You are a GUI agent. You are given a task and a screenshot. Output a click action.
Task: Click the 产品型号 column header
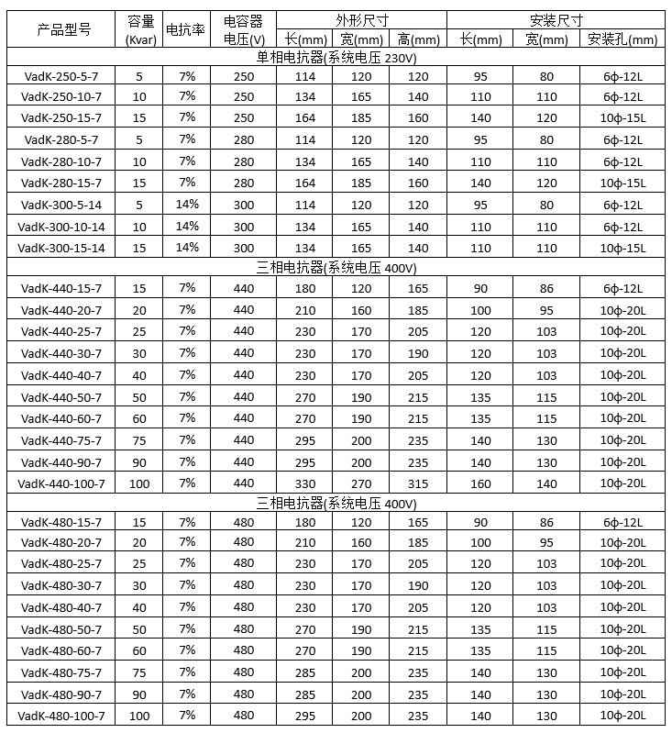(61, 29)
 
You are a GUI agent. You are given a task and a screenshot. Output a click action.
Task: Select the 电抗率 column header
(187, 29)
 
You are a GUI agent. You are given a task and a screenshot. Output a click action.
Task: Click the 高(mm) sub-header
(418, 39)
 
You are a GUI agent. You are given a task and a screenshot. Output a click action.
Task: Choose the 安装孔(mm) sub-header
(626, 39)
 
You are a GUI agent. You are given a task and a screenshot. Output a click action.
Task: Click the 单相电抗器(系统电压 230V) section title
(336, 57)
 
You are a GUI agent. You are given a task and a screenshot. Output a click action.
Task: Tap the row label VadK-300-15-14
(61, 248)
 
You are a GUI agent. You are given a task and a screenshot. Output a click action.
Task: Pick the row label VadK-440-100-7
(61, 483)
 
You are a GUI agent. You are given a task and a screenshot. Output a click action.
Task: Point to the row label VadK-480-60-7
(61, 650)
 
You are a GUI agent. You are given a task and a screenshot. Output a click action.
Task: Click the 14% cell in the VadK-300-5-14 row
(187, 205)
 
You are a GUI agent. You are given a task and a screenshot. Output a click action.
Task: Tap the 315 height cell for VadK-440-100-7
(418, 483)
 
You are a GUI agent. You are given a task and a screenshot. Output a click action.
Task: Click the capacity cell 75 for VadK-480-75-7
(139, 672)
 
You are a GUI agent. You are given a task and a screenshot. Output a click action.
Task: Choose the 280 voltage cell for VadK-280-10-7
(243, 161)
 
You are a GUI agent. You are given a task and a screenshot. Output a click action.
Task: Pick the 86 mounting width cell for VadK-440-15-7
(546, 288)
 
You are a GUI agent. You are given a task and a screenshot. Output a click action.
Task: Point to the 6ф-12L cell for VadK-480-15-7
(624, 522)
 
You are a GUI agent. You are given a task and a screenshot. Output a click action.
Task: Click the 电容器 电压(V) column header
(243, 29)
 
